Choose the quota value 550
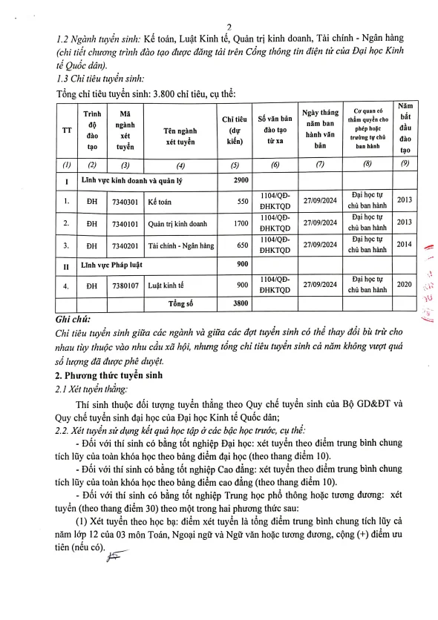coord(235,200)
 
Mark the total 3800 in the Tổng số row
coord(235,303)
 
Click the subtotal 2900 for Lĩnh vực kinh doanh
coord(235,180)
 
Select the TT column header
coord(67,129)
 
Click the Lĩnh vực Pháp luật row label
coord(111,264)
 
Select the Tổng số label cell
coord(179,303)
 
